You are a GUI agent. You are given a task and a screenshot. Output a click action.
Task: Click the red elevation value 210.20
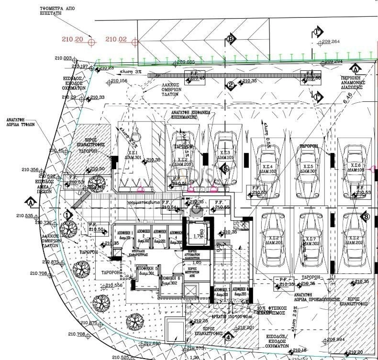(x=73, y=39)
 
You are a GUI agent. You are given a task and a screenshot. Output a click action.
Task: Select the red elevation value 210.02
(x=116, y=39)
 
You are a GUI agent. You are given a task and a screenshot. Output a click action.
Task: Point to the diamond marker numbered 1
(x=67, y=215)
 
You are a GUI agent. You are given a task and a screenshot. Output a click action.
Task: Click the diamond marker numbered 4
(x=228, y=336)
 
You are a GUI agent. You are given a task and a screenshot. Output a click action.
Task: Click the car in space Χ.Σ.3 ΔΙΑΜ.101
(x=223, y=158)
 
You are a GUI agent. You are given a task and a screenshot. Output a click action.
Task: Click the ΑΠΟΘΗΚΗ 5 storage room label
(x=145, y=271)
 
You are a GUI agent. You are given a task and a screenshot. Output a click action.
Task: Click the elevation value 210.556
(x=113, y=285)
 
